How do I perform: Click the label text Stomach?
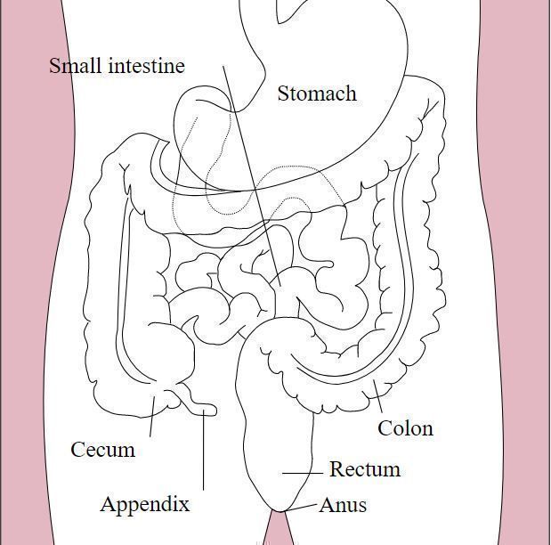pos(317,94)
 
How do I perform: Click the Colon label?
pos(405,428)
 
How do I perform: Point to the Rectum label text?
pos(365,469)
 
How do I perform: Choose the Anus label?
pos(343,505)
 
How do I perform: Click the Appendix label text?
pos(145,504)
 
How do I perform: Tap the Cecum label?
pos(103,450)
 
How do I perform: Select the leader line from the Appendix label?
pos(204,454)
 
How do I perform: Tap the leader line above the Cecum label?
pos(152,417)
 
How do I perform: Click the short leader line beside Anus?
pos(305,507)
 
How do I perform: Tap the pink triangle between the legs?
pos(277,532)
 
